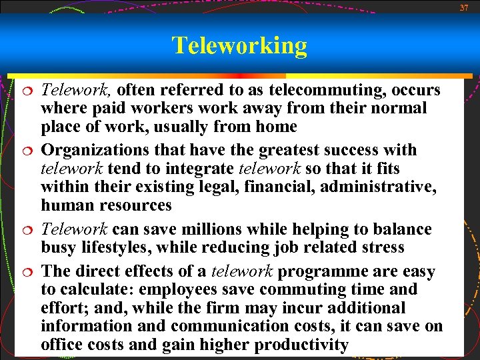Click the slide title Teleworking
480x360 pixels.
pos(239,45)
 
